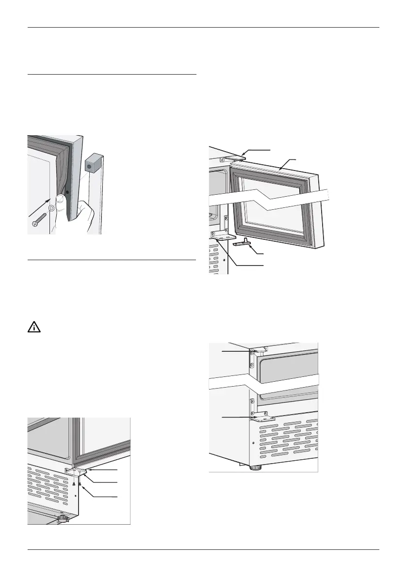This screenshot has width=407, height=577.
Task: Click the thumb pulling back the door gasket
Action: tap(60, 202)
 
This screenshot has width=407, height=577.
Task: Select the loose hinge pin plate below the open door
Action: tap(244, 243)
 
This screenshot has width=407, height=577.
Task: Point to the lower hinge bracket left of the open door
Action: tap(223, 237)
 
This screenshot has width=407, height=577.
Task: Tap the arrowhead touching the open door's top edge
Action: tap(280, 168)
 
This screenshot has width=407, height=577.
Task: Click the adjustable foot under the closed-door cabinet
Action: tap(254, 468)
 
